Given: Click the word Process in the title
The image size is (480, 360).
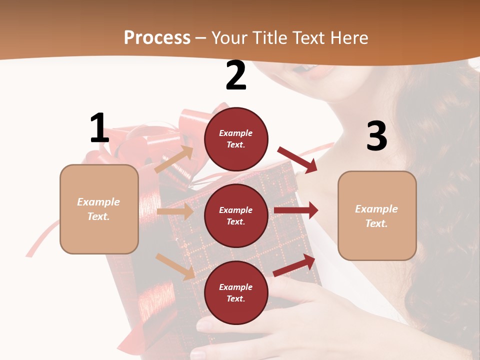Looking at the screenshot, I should point(157,38).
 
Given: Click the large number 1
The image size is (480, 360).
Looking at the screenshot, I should point(99,128).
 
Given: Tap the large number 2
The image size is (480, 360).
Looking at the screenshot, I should point(236,75).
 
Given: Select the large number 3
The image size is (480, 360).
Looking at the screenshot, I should point(376,136).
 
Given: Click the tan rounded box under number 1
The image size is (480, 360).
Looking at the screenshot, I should point(99,209).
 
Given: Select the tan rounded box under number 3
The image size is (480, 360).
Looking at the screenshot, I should point(377,215).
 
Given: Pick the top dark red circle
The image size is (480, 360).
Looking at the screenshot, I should point(236,139).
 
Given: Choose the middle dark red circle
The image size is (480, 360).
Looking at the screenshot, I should point(236,215).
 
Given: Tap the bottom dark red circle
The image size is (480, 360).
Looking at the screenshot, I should point(236,292).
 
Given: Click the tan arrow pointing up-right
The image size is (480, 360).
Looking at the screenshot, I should point(174,159).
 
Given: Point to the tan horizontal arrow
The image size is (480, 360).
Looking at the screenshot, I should point(174,211).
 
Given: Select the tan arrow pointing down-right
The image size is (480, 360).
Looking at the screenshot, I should point(175,266).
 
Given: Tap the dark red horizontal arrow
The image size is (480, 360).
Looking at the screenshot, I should point(295,210).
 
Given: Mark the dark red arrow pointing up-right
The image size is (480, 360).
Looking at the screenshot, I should point(294,265).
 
